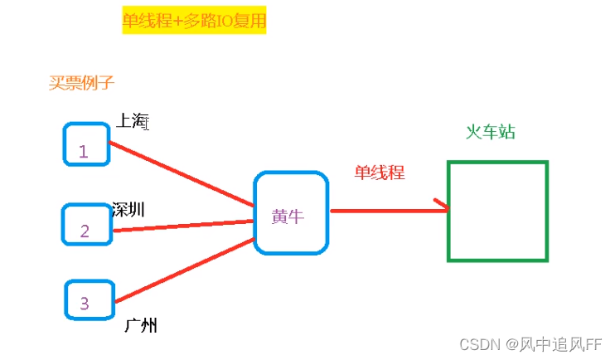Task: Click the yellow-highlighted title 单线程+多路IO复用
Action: (194, 22)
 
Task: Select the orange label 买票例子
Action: (81, 82)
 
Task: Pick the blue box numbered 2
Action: (87, 224)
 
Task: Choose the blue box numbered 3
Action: (87, 299)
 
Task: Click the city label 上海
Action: (130, 120)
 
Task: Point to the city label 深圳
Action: (128, 209)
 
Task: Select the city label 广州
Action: (140, 324)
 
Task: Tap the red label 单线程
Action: (380, 173)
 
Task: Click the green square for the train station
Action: (497, 212)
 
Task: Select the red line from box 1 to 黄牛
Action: (182, 174)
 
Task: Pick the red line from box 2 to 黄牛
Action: (182, 225)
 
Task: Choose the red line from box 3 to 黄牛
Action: (182, 270)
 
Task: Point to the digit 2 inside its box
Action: (85, 231)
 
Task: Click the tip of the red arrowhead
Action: (449, 209)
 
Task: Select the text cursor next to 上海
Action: (146, 124)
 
